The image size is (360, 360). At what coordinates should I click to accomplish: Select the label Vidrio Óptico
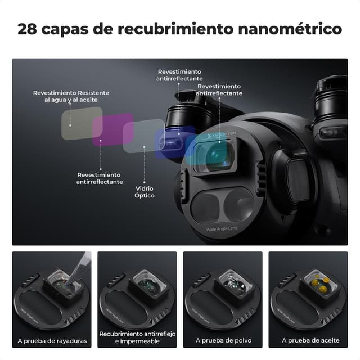click(145, 192)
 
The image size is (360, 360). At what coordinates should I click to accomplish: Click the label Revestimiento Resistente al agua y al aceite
click(71, 96)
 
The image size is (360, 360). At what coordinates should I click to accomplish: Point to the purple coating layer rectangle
click(112, 130)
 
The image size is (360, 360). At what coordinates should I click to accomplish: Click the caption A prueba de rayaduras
click(52, 340)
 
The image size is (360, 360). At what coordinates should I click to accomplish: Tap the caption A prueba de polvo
click(223, 340)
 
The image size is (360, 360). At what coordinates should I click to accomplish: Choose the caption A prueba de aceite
click(308, 340)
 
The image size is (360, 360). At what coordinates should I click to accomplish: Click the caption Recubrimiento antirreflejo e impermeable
click(137, 337)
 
